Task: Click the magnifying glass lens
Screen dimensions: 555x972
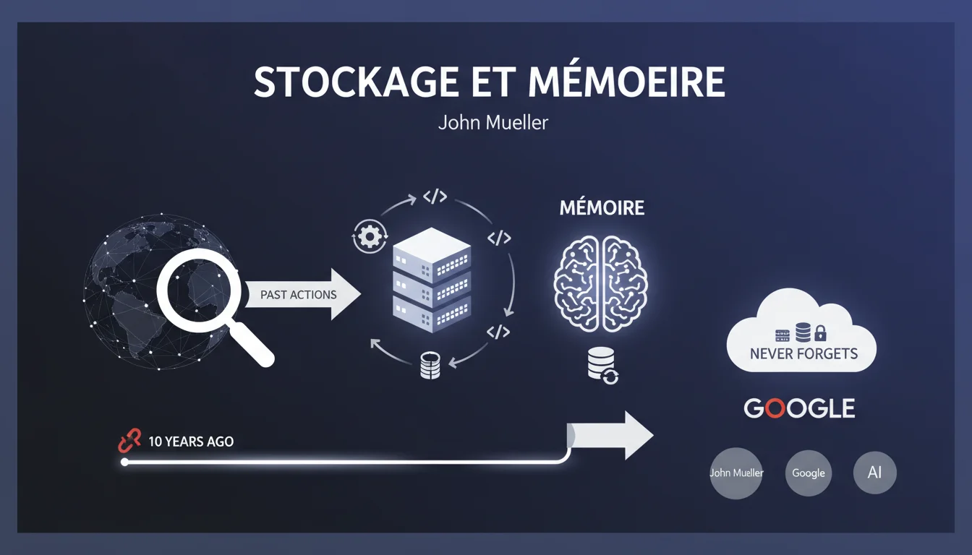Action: pos(199,291)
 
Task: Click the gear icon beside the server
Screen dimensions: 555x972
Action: pos(369,237)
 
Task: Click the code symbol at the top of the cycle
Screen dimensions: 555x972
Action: pos(434,197)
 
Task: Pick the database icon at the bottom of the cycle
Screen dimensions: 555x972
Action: pos(430,366)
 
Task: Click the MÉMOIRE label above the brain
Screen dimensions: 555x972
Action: pos(602,209)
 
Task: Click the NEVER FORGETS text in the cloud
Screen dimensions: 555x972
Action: pos(803,354)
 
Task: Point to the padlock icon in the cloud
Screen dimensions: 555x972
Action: pos(820,334)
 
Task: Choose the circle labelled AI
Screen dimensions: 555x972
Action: pos(874,473)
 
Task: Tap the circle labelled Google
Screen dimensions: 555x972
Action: pos(808,473)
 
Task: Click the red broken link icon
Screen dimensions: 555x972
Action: pos(129,442)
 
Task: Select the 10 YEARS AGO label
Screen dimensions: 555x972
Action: pos(191,442)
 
